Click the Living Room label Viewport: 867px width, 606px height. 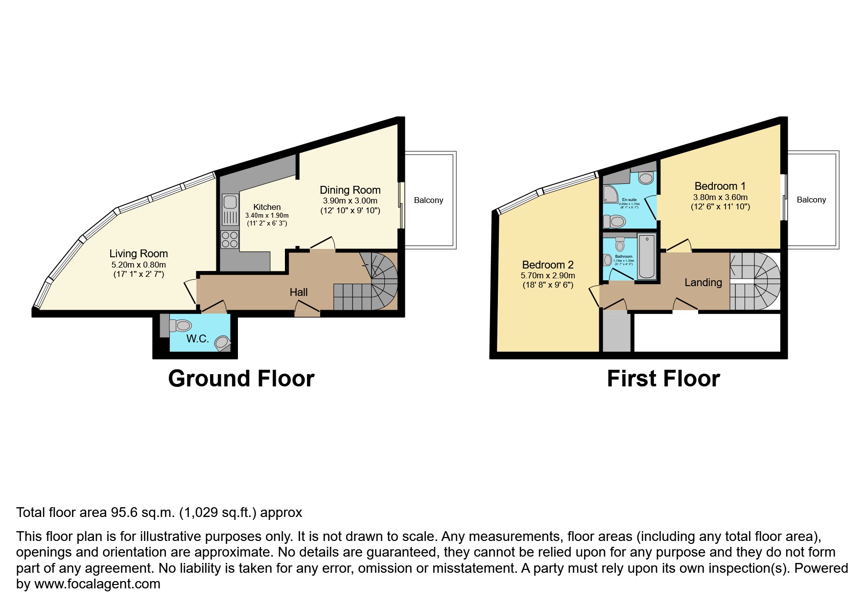click(x=139, y=253)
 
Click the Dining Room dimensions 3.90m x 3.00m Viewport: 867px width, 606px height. click(x=350, y=201)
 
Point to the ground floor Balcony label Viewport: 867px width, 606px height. click(x=428, y=200)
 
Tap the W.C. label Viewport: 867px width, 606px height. click(x=197, y=339)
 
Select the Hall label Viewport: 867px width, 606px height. click(x=298, y=292)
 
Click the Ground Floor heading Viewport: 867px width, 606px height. click(x=241, y=379)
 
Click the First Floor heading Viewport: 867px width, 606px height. click(x=663, y=379)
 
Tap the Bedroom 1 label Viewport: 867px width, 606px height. click(x=720, y=186)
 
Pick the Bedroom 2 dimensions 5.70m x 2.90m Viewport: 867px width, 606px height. click(x=547, y=275)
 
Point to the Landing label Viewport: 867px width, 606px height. click(x=703, y=282)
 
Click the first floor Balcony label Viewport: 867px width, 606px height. click(x=811, y=200)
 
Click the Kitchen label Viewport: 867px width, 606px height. click(x=267, y=207)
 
